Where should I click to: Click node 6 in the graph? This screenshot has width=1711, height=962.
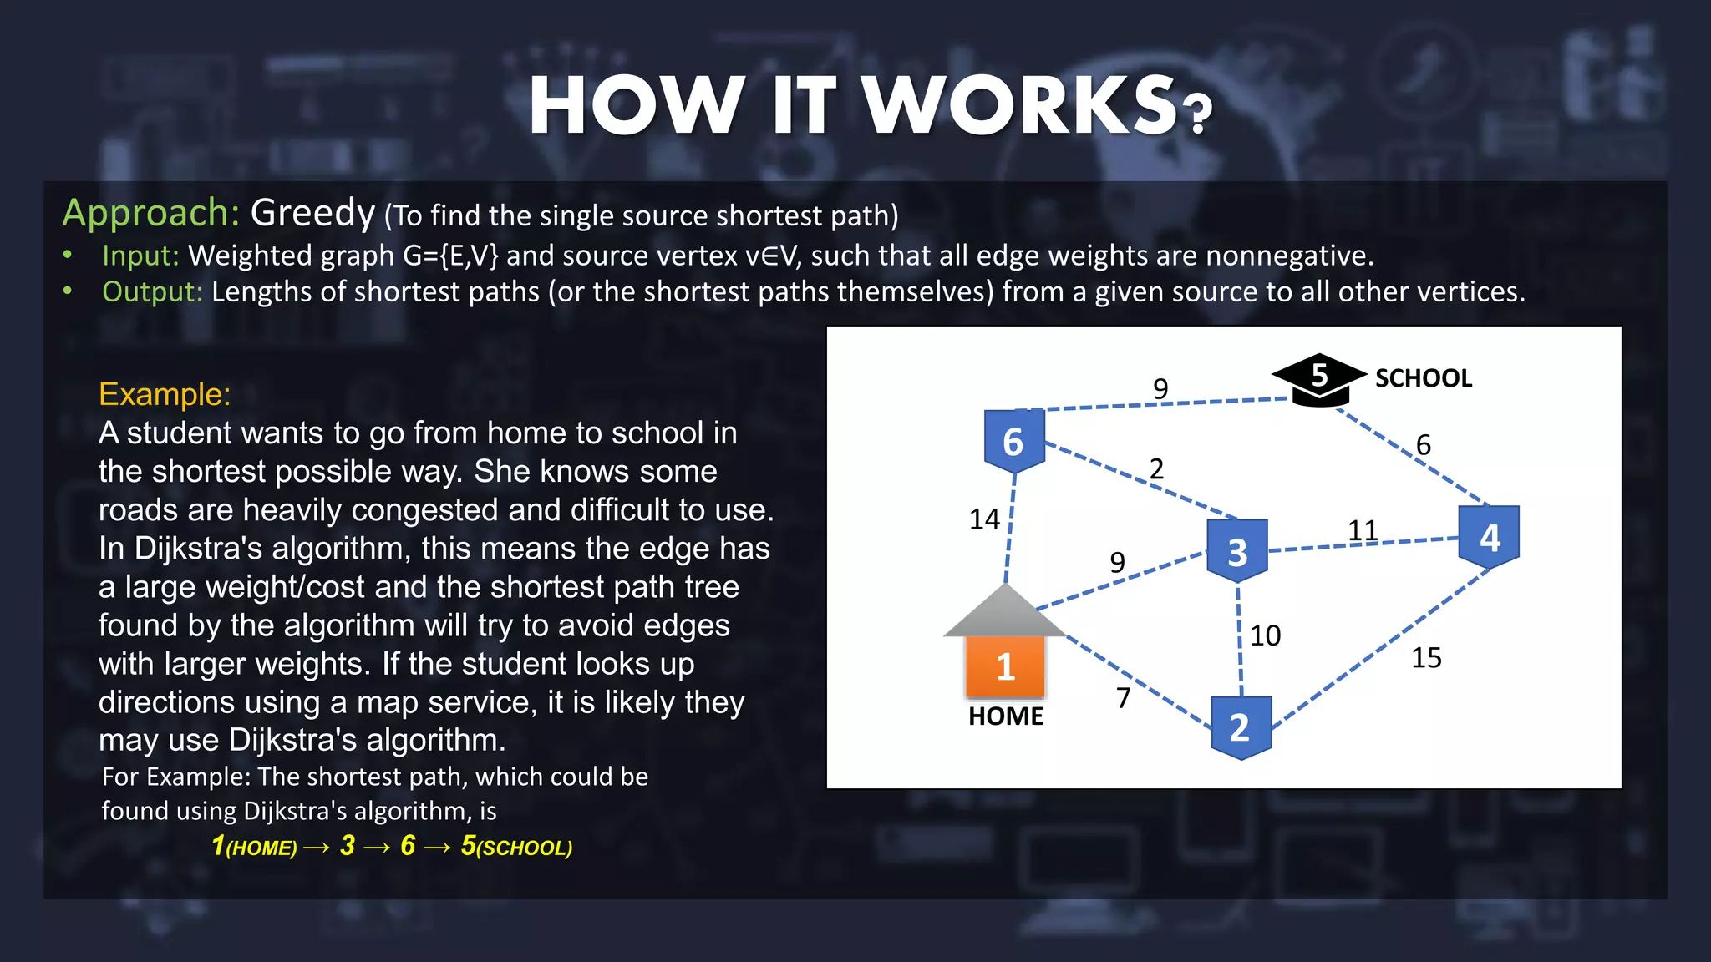click(1013, 441)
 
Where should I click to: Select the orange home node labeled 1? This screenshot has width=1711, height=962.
click(1005, 666)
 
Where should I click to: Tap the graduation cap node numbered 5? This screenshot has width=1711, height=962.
click(1319, 378)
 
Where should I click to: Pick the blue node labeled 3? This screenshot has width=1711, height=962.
click(1237, 551)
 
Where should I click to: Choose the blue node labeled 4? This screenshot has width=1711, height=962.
click(1490, 537)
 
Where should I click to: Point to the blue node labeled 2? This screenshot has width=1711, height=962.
click(1241, 727)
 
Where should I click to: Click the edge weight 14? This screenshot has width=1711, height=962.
click(984, 519)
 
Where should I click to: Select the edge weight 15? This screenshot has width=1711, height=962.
click(1426, 658)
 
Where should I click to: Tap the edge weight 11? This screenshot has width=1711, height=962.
click(1363, 530)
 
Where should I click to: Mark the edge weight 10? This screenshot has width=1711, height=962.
click(1265, 635)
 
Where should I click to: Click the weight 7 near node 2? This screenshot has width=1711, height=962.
click(1124, 697)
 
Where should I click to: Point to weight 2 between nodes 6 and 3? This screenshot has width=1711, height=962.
click(1156, 468)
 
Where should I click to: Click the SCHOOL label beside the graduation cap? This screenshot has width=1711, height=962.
click(1424, 378)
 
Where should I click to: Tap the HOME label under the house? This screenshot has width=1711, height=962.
click(1006, 716)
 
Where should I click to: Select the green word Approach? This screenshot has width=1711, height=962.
click(151, 214)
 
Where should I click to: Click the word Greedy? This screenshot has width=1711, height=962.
click(312, 214)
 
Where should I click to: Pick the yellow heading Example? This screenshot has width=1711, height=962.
click(165, 394)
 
